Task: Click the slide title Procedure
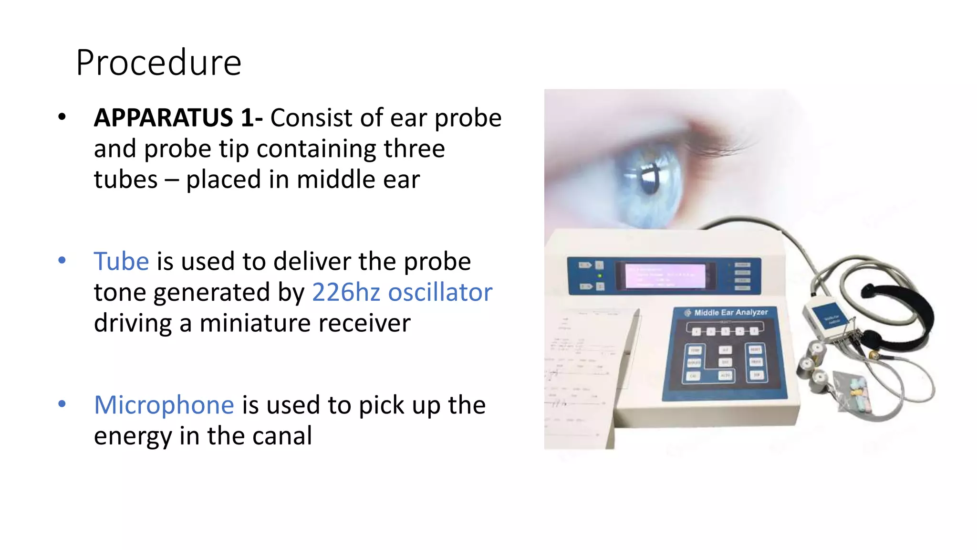click(158, 63)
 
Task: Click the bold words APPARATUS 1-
click(178, 118)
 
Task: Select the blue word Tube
click(121, 262)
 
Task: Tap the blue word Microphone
click(164, 405)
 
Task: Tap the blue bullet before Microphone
click(62, 404)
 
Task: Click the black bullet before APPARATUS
click(62, 117)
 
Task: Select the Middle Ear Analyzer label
click(730, 312)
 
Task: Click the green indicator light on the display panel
click(600, 275)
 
